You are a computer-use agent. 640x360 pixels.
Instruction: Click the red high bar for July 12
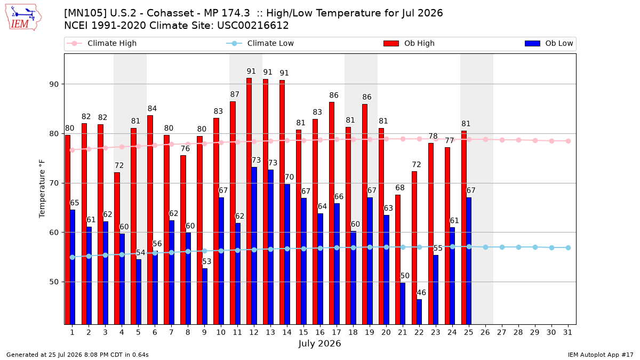(x=249, y=201)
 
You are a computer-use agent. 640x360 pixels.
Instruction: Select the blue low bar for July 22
(x=419, y=311)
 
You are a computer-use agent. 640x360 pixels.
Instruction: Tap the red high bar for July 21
(x=398, y=259)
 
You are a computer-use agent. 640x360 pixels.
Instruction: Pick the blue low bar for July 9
(x=205, y=297)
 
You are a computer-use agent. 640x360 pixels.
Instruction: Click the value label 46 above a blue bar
(x=421, y=293)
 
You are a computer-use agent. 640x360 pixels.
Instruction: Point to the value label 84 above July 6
(x=153, y=109)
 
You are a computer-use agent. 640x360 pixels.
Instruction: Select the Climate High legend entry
(x=102, y=43)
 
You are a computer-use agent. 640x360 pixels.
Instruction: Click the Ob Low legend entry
(x=549, y=43)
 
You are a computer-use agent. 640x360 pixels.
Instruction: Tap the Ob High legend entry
(x=409, y=43)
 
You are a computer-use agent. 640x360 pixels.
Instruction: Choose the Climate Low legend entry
(x=260, y=43)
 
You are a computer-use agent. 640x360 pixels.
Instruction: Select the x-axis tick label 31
(x=567, y=332)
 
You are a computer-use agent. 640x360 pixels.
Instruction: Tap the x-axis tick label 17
(x=337, y=332)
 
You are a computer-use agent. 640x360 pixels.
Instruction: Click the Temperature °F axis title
(x=42, y=189)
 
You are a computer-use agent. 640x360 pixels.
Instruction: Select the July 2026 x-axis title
(x=319, y=343)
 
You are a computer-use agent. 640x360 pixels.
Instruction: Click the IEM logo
(x=23, y=18)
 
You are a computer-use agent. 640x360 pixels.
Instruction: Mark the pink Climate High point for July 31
(x=569, y=141)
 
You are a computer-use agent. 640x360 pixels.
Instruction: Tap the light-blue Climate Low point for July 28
(x=518, y=247)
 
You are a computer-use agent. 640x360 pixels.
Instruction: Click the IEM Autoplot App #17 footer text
(x=601, y=355)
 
